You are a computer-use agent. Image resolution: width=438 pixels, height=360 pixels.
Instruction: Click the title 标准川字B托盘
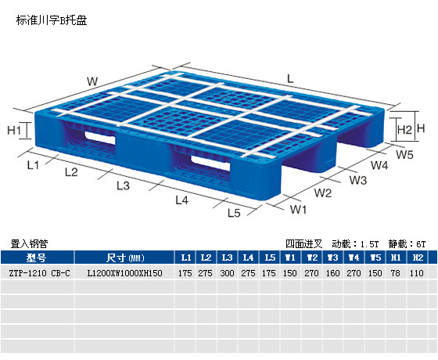pos(52,20)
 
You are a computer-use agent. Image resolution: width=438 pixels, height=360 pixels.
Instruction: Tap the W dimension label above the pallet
pos(92,81)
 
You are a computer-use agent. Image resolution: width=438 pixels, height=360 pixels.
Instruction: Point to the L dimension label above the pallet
pos(290,79)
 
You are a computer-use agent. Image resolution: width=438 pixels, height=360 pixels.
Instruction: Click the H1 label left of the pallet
pos(14,130)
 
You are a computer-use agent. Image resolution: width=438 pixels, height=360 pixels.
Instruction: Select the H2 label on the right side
pos(404,130)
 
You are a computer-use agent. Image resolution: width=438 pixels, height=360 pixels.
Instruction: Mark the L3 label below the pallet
pos(124,185)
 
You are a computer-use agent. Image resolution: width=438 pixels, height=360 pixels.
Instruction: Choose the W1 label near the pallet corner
pos(298,209)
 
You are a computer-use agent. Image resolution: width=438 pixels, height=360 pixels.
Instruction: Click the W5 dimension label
pos(404,154)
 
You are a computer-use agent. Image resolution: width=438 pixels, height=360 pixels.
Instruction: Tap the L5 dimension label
pos(234,213)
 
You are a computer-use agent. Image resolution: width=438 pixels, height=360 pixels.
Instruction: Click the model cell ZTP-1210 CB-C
pos(39,273)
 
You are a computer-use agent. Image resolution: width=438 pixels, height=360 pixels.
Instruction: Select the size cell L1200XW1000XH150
pos(124,273)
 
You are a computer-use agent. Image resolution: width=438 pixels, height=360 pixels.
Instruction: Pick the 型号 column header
pos(36,257)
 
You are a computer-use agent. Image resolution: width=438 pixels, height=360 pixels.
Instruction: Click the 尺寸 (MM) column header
pos(125,257)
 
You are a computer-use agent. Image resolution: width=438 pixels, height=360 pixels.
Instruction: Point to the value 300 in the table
pos(227,273)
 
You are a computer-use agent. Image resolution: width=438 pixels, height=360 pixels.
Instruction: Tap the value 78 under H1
pos(395,273)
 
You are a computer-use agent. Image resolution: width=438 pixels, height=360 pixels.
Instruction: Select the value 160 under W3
pos(332,273)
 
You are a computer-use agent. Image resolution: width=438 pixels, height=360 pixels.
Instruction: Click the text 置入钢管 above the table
pos(30,243)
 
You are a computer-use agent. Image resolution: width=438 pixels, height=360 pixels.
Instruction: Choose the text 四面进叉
pos(304,243)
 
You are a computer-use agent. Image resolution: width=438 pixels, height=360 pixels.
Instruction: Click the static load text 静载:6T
pos(407,243)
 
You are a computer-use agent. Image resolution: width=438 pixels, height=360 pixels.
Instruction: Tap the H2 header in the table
pos(418,257)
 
